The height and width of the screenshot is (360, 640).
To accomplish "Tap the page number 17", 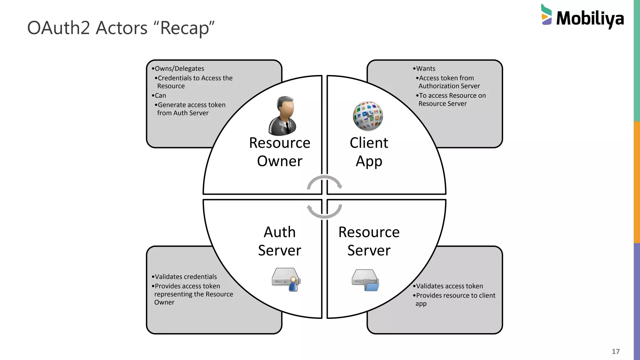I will pyautogui.click(x=615, y=352).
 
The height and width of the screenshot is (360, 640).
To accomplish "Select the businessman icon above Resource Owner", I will pyautogui.click(x=282, y=116).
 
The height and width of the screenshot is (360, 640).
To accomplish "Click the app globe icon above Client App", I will pyautogui.click(x=368, y=116).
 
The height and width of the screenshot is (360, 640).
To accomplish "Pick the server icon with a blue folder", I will pyautogui.click(x=365, y=280).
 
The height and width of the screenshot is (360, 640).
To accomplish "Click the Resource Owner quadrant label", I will pyautogui.click(x=279, y=152).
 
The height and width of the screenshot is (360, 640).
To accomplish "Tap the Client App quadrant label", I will pyautogui.click(x=369, y=152).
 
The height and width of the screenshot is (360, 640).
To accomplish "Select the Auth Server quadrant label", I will pyautogui.click(x=279, y=241).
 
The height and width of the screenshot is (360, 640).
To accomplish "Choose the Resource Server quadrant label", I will pyautogui.click(x=369, y=241).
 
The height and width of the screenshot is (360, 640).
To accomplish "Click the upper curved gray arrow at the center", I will pyautogui.click(x=324, y=181).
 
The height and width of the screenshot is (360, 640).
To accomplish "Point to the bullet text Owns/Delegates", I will pyautogui.click(x=179, y=68).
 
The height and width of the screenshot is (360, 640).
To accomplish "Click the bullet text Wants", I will pyautogui.click(x=425, y=68).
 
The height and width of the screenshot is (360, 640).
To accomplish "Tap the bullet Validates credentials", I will pyautogui.click(x=186, y=277).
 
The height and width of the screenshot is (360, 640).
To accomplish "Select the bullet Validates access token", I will pyautogui.click(x=449, y=286).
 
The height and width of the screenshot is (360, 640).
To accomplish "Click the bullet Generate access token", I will pyautogui.click(x=191, y=105).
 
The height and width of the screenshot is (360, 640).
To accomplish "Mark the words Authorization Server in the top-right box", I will pyautogui.click(x=449, y=86).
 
